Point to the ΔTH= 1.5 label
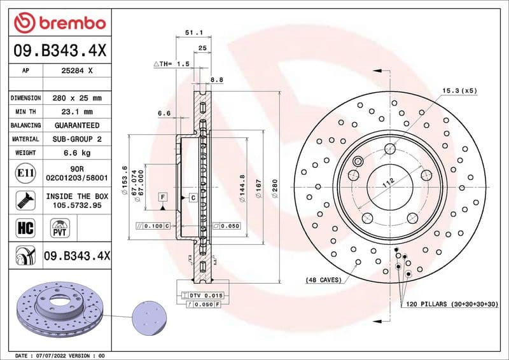coord(172,64)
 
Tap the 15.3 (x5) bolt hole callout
coord(459,92)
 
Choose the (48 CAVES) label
coord(323,280)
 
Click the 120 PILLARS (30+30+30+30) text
coord(450,305)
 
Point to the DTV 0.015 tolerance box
coord(201,296)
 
